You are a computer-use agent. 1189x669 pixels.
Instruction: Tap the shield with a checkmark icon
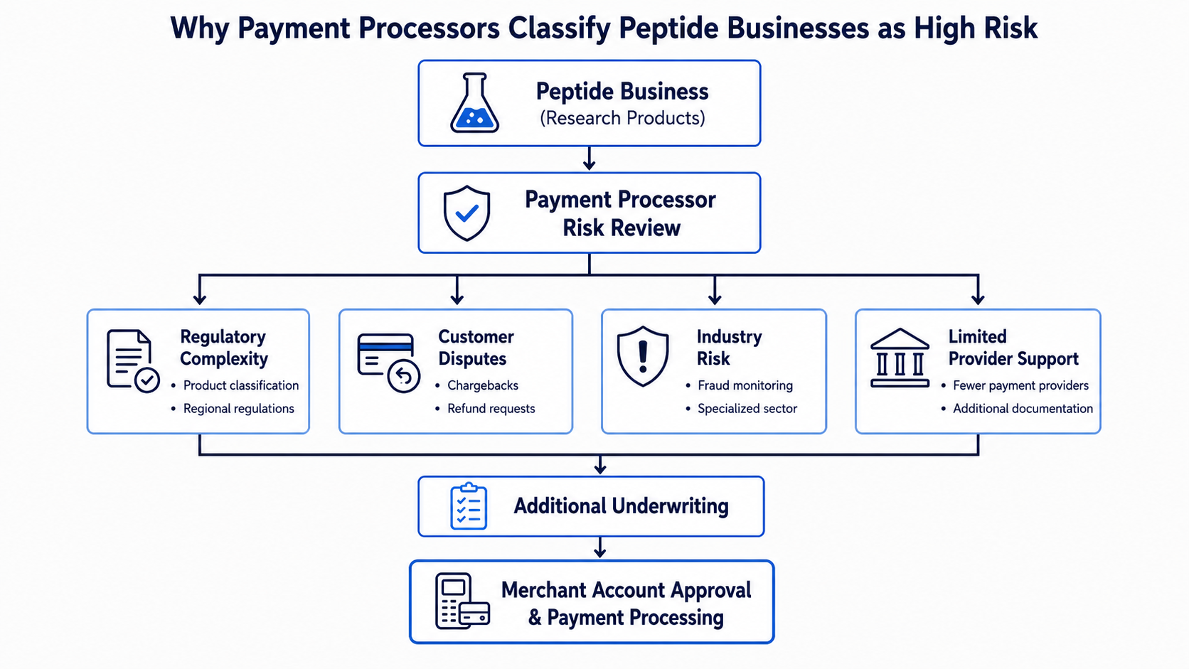[466, 213]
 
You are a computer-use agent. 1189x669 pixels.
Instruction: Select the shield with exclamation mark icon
[643, 356]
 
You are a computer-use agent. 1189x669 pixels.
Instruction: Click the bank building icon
[900, 358]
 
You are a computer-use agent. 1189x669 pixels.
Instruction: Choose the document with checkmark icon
[133, 360]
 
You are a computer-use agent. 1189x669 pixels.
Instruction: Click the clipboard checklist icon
[469, 506]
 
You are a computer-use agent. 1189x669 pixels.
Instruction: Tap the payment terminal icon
[462, 601]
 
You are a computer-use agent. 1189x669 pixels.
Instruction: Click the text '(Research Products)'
[622, 118]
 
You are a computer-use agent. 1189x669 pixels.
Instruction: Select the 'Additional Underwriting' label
[621, 505]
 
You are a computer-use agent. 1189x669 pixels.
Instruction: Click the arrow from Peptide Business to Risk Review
[590, 158]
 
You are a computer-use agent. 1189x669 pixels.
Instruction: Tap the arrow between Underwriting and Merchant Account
[599, 547]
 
